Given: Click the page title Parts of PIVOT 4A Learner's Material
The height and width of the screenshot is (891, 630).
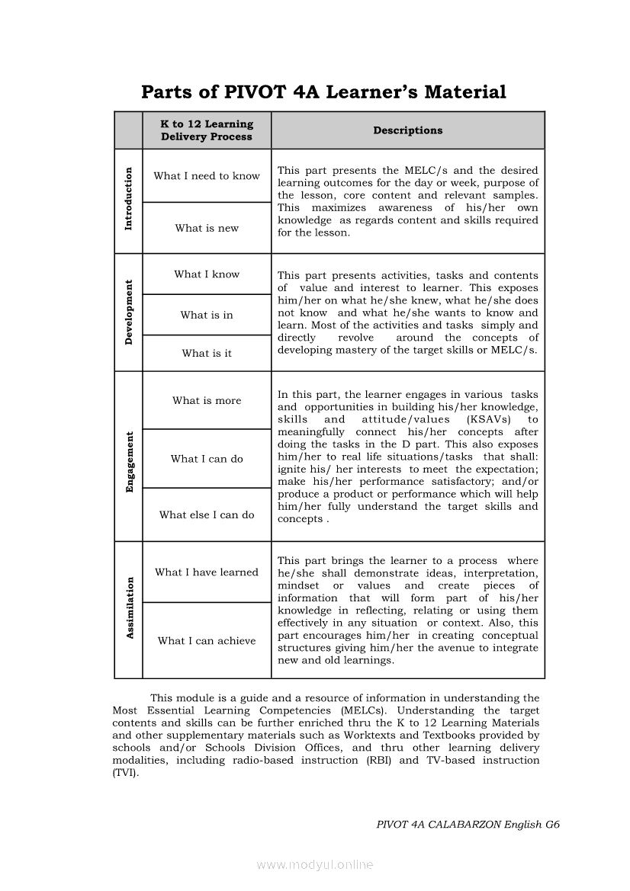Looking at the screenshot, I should (x=323, y=92).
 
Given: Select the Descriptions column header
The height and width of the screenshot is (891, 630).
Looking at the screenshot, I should (x=407, y=130).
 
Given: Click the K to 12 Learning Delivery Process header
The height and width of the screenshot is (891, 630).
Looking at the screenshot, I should (x=207, y=130).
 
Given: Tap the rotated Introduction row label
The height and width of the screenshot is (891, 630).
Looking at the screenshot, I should (x=128, y=199).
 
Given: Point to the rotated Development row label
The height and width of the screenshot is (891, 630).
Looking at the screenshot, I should (x=128, y=312).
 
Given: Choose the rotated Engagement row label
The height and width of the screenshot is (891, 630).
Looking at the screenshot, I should (x=129, y=462).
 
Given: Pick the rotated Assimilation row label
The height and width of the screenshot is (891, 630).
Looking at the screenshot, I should (x=129, y=608).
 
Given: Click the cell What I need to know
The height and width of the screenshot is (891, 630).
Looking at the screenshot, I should (x=207, y=176).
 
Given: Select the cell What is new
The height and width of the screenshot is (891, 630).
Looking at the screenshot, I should (x=207, y=228).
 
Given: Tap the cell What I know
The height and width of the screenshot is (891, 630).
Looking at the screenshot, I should (x=207, y=274).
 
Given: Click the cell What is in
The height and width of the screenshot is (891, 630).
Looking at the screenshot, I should (x=207, y=315).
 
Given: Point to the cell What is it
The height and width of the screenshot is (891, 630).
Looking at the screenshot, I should (x=207, y=353).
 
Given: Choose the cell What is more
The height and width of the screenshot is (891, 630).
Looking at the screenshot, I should (x=207, y=400).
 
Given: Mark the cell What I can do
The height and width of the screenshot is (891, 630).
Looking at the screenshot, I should (x=207, y=459).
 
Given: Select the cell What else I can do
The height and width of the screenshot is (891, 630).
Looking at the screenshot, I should (x=207, y=514).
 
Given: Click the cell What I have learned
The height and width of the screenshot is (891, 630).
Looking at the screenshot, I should (x=207, y=572).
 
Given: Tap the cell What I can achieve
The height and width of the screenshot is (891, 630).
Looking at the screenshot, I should (x=207, y=641).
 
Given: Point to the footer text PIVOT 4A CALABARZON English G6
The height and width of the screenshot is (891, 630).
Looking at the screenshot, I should (x=468, y=825).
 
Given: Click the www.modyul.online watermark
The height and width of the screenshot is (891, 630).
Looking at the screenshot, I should (x=315, y=864).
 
